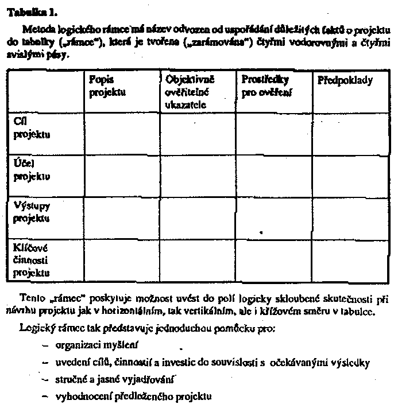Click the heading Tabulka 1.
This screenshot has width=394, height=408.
click(x=26, y=11)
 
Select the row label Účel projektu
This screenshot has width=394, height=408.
click(x=33, y=170)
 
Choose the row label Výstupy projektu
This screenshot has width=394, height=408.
click(x=33, y=213)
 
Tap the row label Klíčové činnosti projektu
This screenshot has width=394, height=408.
click(x=33, y=260)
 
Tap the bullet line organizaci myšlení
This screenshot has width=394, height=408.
click(x=97, y=347)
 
